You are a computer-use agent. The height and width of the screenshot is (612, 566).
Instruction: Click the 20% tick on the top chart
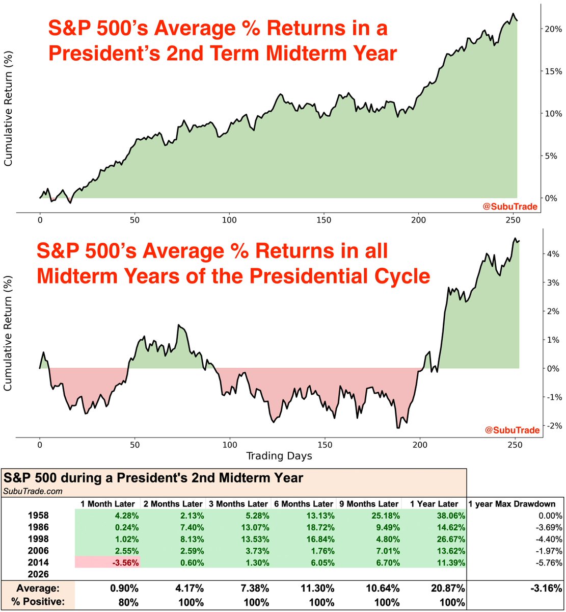click(553, 29)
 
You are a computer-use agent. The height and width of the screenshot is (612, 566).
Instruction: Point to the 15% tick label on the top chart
click(553, 71)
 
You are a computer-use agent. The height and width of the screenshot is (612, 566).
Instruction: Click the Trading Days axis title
click(279, 455)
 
